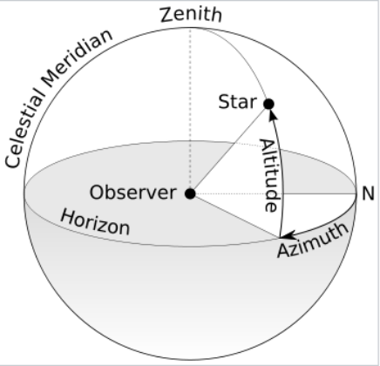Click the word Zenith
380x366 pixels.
coord(191,15)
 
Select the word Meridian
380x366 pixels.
coord(78,58)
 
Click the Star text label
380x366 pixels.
coord(237,102)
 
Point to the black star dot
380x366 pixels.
coord(268,104)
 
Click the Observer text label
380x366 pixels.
coord(132,193)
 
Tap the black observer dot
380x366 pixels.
coord(190,193)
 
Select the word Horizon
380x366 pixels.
coord(95,223)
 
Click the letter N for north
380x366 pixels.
coord(368,193)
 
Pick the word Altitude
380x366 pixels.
coord(271,175)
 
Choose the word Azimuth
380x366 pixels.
coord(313,241)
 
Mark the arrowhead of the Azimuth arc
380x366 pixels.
coord(288,234)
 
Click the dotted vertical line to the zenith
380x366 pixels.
coord(190,111)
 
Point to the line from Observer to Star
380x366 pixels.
coord(229,149)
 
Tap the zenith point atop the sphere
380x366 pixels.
coord(190,28)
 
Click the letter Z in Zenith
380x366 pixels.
coord(166,15)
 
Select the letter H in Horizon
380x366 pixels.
coord(67,217)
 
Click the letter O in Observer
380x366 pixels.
coord(97,193)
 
